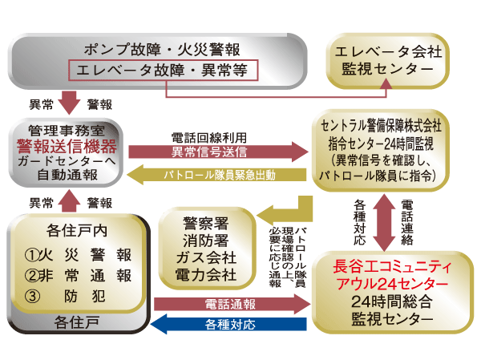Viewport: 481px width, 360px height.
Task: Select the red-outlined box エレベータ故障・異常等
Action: [x=166, y=70]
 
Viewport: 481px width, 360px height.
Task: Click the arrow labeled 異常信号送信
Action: [x=217, y=151]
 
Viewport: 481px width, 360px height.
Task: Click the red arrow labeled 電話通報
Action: [x=231, y=304]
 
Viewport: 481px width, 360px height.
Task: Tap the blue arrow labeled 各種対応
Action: [x=231, y=325]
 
